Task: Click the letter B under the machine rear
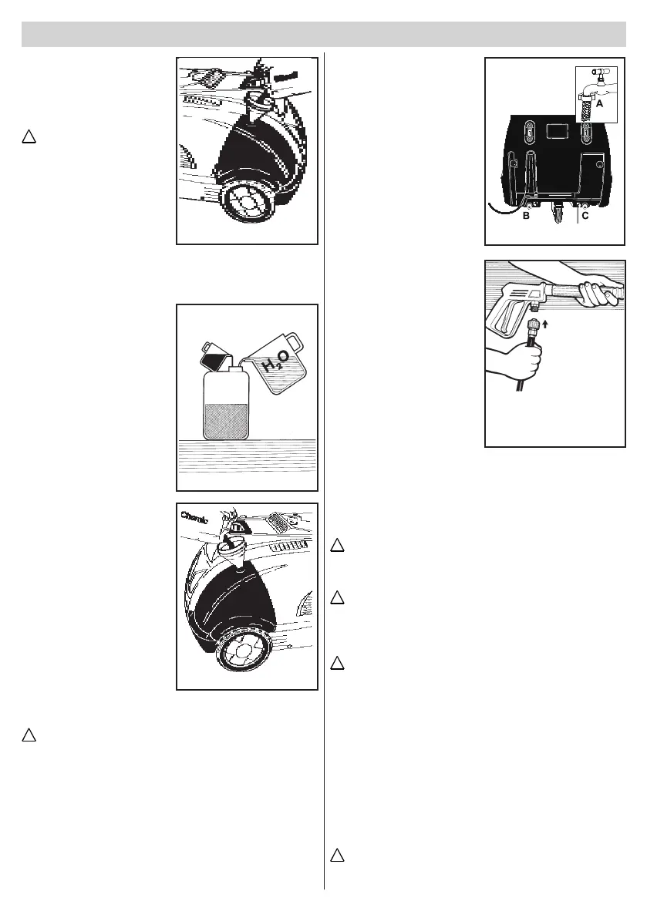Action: click(x=526, y=217)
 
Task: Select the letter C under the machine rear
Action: click(x=586, y=217)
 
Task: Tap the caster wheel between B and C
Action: click(x=556, y=213)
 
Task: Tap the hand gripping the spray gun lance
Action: click(x=597, y=291)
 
